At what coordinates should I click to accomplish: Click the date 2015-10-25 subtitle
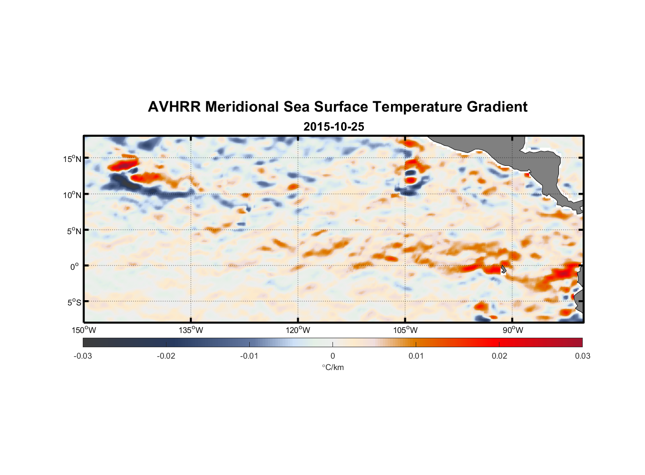[333, 127]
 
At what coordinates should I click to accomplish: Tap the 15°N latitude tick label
[72, 159]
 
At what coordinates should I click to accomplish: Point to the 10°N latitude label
[72, 195]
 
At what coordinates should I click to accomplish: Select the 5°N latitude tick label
[73, 231]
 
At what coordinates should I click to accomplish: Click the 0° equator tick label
[75, 266]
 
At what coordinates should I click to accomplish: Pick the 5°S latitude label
[73, 302]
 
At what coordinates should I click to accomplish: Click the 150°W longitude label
[84, 330]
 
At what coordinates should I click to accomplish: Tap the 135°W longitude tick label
[191, 330]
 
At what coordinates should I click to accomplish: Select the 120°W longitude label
[298, 330]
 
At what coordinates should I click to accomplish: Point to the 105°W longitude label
[405, 330]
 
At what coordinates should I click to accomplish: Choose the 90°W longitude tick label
[513, 330]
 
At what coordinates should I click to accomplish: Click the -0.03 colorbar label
[83, 356]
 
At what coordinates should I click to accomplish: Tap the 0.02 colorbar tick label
[499, 356]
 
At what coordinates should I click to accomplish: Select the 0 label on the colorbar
[332, 356]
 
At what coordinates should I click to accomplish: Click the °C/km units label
[332, 367]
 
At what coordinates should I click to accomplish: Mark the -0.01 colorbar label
[249, 356]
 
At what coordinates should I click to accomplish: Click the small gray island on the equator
[503, 269]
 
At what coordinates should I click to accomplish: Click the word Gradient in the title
[497, 107]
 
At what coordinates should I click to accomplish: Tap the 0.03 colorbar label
[582, 356]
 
